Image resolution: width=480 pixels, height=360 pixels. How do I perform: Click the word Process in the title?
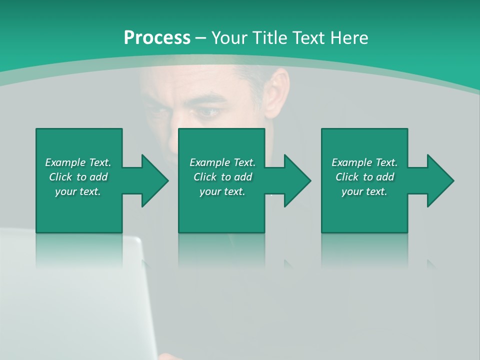coord(157,38)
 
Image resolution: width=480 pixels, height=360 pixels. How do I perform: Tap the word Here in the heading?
coord(348,38)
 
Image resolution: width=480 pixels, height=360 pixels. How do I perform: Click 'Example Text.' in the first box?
coord(78,162)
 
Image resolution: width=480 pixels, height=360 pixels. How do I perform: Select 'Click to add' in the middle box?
coord(222,177)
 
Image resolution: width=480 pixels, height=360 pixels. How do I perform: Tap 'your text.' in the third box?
coord(364,191)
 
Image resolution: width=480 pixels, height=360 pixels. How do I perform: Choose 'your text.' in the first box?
coord(78,191)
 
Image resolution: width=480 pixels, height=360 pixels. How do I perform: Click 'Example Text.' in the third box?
coord(364,162)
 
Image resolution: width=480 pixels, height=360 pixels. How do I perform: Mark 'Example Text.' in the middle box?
coord(222,162)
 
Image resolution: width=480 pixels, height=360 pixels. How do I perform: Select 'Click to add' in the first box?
coord(78,177)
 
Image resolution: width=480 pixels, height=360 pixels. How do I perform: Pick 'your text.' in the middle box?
coord(222,191)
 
